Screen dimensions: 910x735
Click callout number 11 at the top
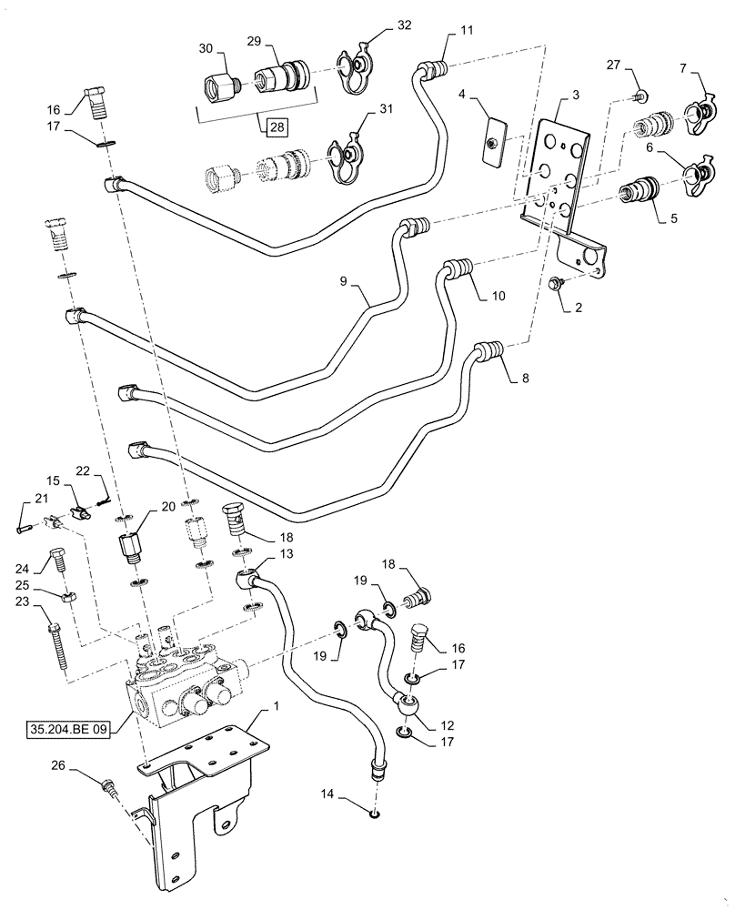point(467,31)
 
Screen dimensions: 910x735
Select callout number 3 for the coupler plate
point(576,94)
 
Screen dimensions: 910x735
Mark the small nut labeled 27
point(641,96)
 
